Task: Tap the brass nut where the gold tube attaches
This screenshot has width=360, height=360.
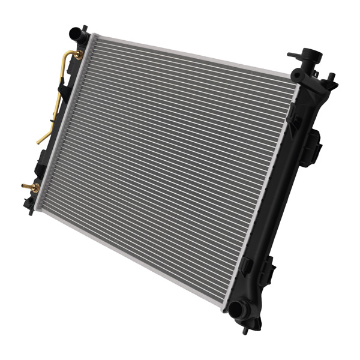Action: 77,55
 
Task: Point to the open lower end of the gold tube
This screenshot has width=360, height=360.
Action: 39,142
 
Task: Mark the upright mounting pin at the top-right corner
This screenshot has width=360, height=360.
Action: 331,79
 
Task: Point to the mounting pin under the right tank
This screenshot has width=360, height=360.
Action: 247,329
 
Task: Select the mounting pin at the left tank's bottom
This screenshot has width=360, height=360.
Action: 31,211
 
